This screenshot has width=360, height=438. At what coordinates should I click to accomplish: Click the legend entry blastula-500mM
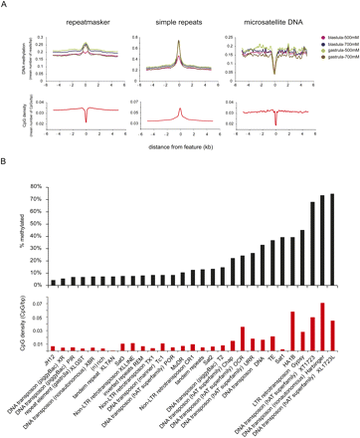335,35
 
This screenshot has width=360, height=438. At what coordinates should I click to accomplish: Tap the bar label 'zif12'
49,358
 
